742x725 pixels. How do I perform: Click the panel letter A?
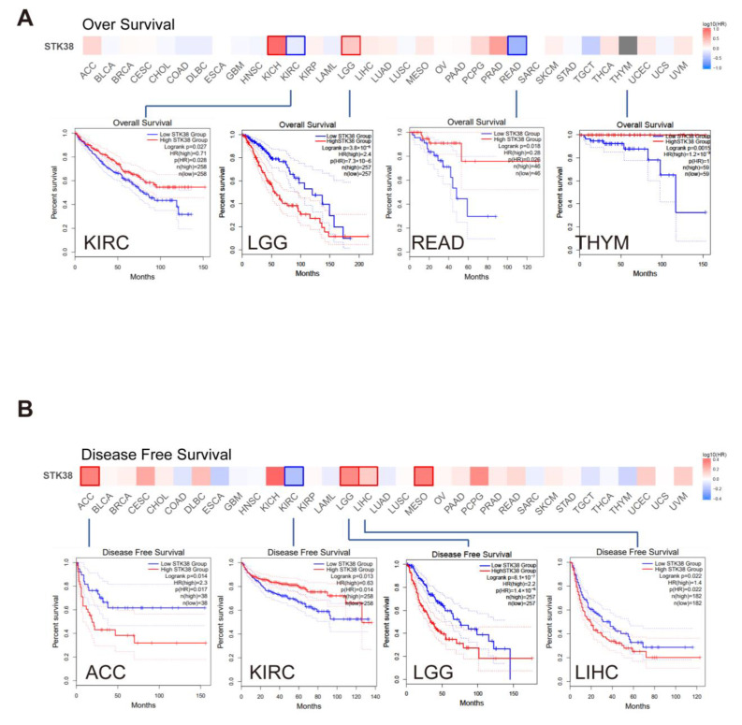pos(28,18)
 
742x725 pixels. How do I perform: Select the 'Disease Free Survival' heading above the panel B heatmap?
pos(156,454)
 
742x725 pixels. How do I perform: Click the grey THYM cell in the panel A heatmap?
pos(629,45)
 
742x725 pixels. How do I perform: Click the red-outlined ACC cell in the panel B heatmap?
pos(90,475)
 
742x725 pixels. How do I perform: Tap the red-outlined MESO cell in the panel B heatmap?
pos(423,475)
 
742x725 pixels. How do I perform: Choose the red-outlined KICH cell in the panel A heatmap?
pos(276,45)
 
